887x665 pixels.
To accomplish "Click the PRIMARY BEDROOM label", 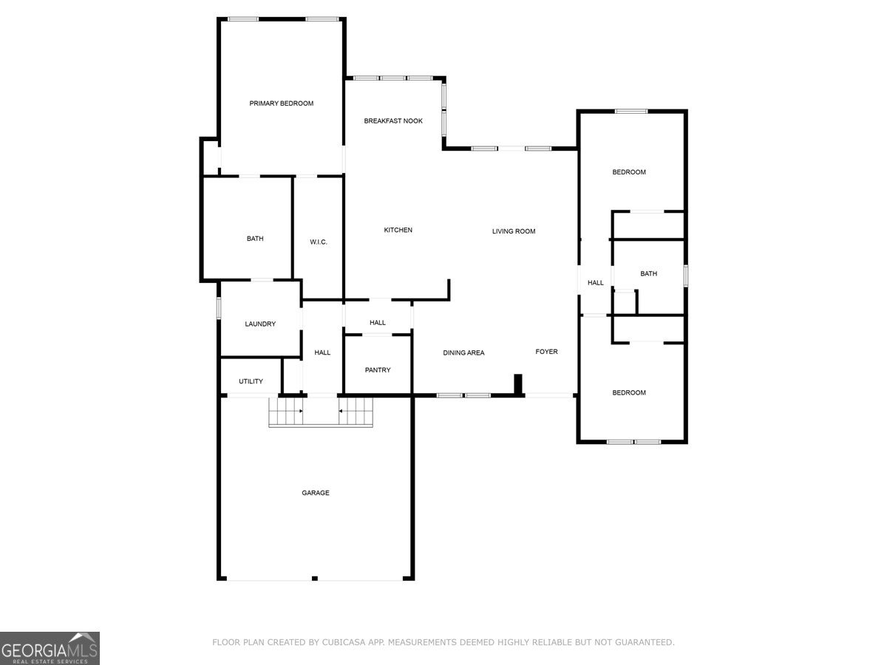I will coord(281,103).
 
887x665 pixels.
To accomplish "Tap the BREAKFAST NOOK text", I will coord(393,120).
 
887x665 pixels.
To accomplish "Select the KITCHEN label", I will coord(398,231).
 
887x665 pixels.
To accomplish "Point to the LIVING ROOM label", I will coord(514,231).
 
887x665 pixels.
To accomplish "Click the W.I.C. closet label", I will coord(319,242).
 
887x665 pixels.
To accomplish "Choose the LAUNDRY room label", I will coord(260,324).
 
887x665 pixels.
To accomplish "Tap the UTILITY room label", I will coord(251,381).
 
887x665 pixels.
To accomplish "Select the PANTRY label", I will coord(378,370).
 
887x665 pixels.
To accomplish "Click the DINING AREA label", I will coord(463,353).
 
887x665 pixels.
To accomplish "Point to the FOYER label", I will coord(547,352).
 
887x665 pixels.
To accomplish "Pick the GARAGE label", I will coord(315,493).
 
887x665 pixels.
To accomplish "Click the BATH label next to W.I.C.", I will coord(255,239).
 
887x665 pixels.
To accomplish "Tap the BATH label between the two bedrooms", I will coord(648,274).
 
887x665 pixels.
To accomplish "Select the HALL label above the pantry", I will coord(378,323).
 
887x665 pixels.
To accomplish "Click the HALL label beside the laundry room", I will coord(322,353).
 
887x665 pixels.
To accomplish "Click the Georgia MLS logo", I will coord(50,648).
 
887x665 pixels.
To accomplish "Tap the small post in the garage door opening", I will coord(315,578).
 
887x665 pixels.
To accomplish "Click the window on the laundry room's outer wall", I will coord(219,307).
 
